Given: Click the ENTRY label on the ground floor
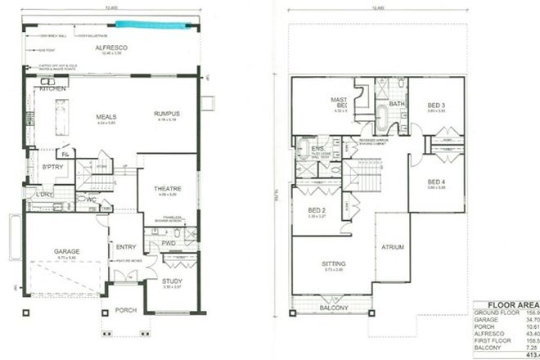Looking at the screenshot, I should point(127,247).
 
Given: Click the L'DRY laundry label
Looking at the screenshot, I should point(43,195).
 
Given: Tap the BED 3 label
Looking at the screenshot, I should point(436,106).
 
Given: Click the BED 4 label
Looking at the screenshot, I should point(436,182).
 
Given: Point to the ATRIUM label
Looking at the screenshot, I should point(394,247).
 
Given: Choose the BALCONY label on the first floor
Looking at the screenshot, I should point(335,308).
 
